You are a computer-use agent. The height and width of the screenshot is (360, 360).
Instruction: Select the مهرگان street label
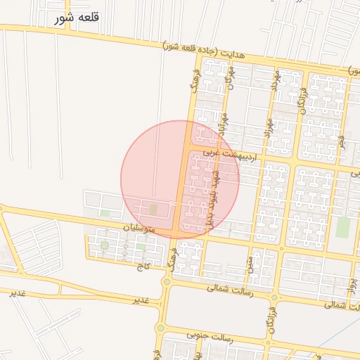[228, 83]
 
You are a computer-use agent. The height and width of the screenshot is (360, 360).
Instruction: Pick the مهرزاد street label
[268, 124]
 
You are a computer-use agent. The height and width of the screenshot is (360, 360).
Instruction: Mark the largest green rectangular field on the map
[342, 226]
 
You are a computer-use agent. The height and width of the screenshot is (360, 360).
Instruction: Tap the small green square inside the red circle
[153, 210]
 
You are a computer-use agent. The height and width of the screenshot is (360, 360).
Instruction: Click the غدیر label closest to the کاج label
[141, 300]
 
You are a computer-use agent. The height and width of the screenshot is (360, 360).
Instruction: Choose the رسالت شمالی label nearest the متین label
[231, 288]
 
